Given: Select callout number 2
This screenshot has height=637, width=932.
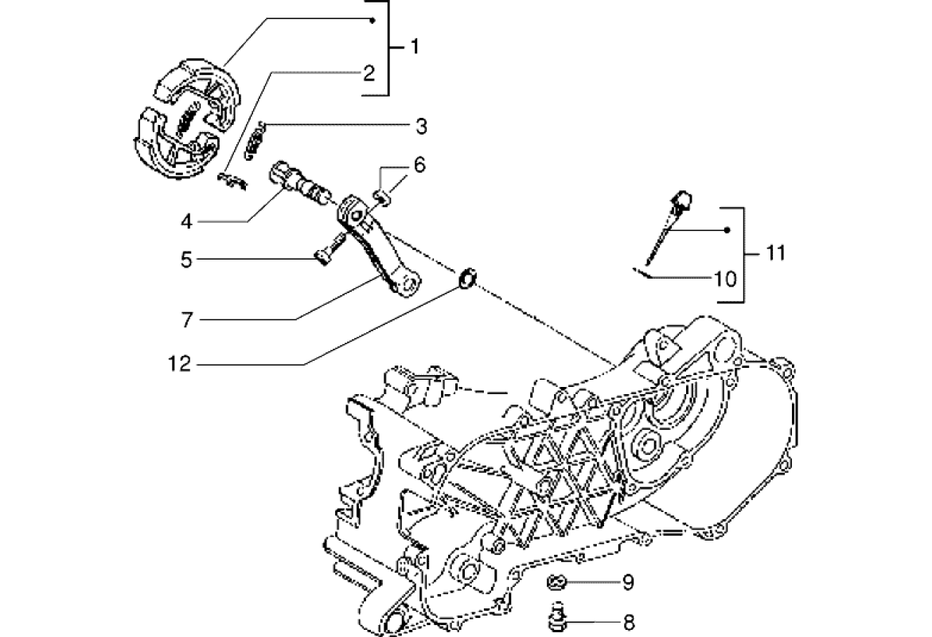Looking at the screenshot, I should click(369, 74).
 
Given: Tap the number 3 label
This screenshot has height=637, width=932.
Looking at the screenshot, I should click(421, 126).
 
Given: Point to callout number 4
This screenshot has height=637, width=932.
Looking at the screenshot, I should click(186, 221).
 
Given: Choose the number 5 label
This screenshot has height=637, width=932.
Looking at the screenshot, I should click(186, 259).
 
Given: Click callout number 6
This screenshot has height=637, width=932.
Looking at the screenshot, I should click(419, 166).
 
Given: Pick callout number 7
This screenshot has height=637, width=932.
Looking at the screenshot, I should click(186, 319).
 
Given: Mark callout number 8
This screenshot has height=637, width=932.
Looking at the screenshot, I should click(628, 620).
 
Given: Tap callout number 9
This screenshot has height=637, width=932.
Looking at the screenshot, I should click(628, 583).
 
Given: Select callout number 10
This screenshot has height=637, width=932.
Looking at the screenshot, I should click(725, 279).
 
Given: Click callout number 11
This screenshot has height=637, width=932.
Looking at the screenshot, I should click(775, 254).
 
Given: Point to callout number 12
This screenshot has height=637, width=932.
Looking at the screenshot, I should click(180, 365).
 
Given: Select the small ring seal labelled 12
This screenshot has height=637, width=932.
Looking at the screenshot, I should click(467, 278).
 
